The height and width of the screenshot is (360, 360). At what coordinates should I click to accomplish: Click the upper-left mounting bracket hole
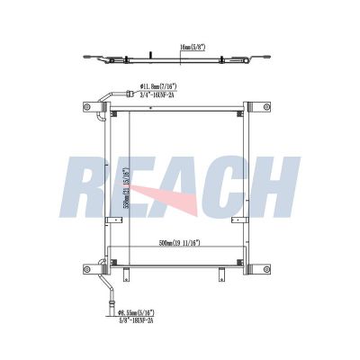(x=88, y=107)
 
